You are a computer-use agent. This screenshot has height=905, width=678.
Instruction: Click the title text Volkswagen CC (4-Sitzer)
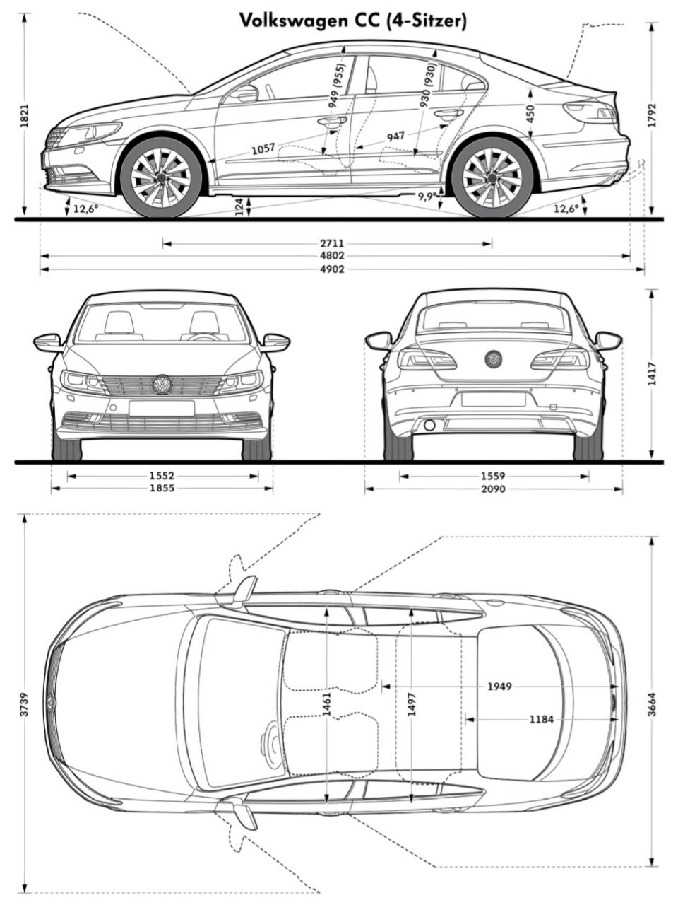[352, 21]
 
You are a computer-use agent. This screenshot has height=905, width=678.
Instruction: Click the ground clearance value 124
[239, 206]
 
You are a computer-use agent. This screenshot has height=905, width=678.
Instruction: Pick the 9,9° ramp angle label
[426, 197]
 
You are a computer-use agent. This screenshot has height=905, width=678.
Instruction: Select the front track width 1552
[162, 476]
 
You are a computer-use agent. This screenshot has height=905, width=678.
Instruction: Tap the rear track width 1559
[493, 476]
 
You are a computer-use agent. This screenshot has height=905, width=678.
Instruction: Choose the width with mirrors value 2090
[493, 489]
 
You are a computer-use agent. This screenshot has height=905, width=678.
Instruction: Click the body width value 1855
[162, 489]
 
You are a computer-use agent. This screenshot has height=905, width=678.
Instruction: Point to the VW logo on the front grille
[162, 385]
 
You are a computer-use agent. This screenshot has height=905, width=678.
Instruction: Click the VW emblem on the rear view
[493, 358]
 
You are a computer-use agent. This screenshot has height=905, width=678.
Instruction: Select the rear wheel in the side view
[492, 177]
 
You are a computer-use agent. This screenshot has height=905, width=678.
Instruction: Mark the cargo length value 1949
[499, 687]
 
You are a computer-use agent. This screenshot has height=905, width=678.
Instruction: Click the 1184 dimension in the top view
[542, 720]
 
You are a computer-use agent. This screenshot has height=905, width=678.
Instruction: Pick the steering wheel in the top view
[271, 740]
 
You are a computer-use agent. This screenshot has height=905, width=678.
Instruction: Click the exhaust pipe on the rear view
[429, 426]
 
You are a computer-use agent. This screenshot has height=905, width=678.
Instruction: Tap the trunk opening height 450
[530, 112]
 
